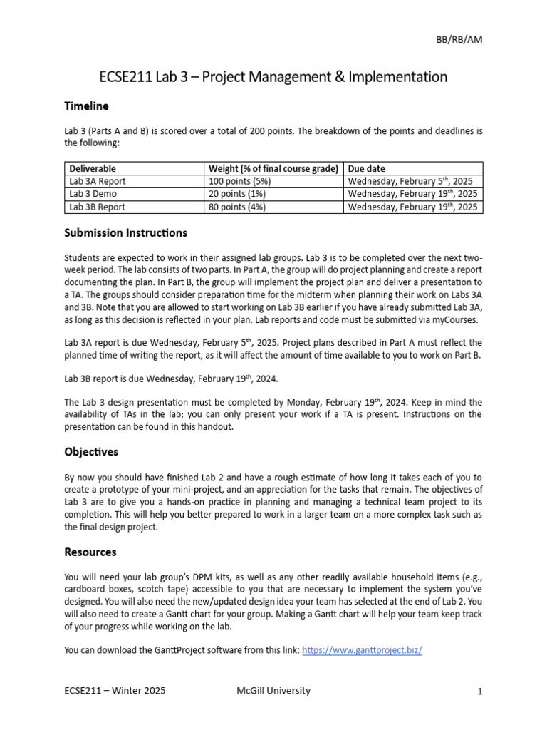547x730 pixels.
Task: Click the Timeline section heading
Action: coord(86,106)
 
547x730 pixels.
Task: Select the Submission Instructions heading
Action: coord(125,232)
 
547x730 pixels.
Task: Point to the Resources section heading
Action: coord(90,552)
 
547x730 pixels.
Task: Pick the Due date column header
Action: coord(366,169)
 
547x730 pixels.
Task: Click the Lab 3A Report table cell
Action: coord(98,181)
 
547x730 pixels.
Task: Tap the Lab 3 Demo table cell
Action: coord(93,194)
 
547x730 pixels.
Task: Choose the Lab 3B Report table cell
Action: coord(98,207)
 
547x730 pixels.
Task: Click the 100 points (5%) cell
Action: coord(239,181)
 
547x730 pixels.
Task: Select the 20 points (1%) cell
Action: coord(236,194)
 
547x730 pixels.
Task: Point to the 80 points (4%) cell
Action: coord(236,207)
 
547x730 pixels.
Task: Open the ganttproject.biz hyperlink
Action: coord(362,650)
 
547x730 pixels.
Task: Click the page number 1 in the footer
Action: coord(480,691)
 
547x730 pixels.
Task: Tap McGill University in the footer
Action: coord(273,691)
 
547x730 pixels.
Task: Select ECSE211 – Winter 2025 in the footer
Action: coord(116,691)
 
